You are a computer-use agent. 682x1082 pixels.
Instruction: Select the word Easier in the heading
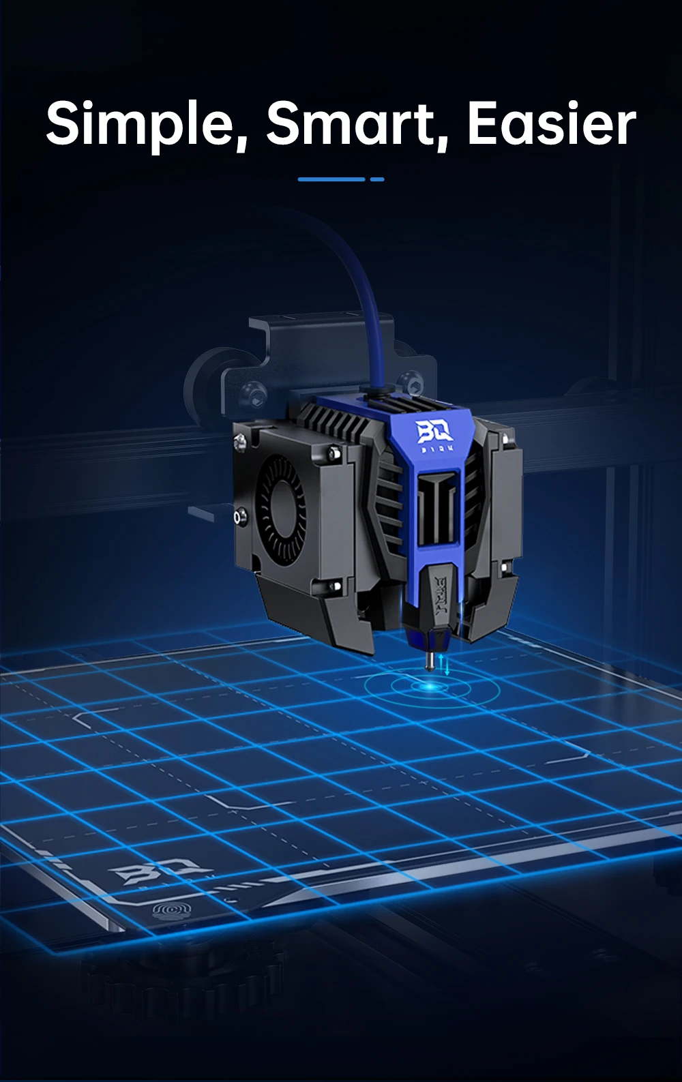point(551,124)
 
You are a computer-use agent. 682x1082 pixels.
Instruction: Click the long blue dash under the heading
point(331,179)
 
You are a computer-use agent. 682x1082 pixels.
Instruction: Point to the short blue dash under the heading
point(377,179)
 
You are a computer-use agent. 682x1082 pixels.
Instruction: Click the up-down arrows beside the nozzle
point(444,663)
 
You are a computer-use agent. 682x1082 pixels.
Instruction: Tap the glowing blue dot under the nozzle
point(429,686)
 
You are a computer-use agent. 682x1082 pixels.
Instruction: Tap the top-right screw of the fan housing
point(334,451)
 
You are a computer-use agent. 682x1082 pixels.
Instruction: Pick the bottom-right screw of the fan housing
point(335,585)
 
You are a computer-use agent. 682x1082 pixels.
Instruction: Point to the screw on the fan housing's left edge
point(238,516)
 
